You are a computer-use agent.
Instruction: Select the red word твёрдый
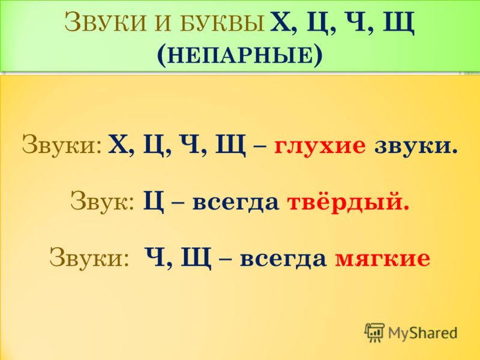[349, 202]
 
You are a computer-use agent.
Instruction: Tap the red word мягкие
[383, 259]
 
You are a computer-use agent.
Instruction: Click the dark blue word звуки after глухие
[416, 146]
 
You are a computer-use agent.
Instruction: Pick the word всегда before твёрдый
[235, 203]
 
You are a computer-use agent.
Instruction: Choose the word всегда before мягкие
[283, 260]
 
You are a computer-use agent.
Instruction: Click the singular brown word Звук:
[102, 200]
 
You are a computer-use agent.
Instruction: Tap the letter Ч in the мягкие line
[155, 258]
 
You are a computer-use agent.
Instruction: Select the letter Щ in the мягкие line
[196, 260]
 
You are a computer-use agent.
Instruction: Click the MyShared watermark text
[422, 333]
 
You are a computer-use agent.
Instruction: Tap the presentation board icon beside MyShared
[374, 332]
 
